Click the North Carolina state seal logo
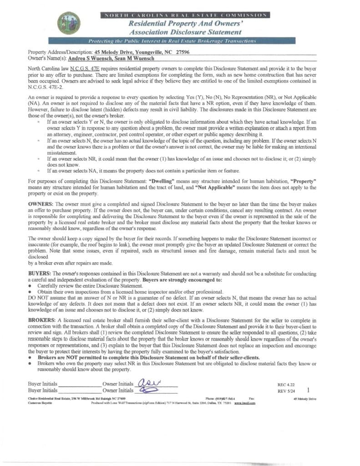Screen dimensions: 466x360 [69, 23]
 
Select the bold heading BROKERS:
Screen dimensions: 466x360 [42, 321]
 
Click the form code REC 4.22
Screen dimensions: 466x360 [287, 385]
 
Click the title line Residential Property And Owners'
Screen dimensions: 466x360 [185, 23]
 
